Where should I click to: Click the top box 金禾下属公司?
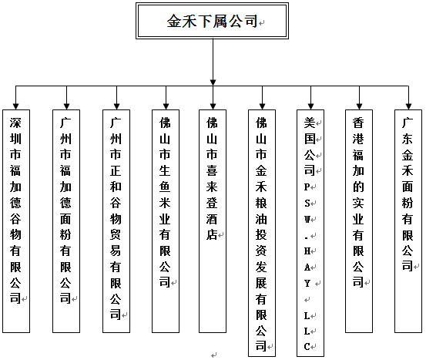(x=212, y=21)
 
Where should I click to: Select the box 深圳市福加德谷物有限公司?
(x=16, y=221)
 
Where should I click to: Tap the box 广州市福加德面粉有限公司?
(x=66, y=221)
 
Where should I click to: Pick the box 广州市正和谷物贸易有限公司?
(x=116, y=221)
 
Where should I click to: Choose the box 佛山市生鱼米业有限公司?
(x=166, y=221)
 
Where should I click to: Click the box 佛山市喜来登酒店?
(x=213, y=221)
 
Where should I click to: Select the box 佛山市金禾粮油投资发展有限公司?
(x=262, y=233)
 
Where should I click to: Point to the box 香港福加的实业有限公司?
(x=359, y=221)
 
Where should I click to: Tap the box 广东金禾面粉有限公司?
(x=408, y=221)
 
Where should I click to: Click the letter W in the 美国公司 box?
(x=307, y=219)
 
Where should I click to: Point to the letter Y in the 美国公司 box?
(x=307, y=284)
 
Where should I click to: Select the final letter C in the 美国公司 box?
(x=307, y=347)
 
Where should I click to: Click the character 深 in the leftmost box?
(x=15, y=123)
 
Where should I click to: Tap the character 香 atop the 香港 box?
(x=358, y=123)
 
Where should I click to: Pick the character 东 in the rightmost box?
(x=408, y=139)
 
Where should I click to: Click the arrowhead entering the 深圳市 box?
(x=15, y=106)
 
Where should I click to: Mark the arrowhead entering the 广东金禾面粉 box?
(x=408, y=106)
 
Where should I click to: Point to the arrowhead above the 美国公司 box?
(x=310, y=106)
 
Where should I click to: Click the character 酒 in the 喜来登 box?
(x=212, y=219)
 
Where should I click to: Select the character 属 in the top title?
(x=220, y=22)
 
